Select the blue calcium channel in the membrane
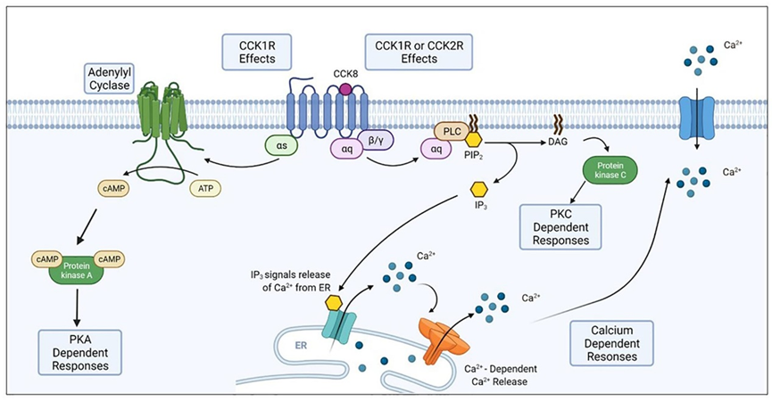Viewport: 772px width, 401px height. coord(696,118)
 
